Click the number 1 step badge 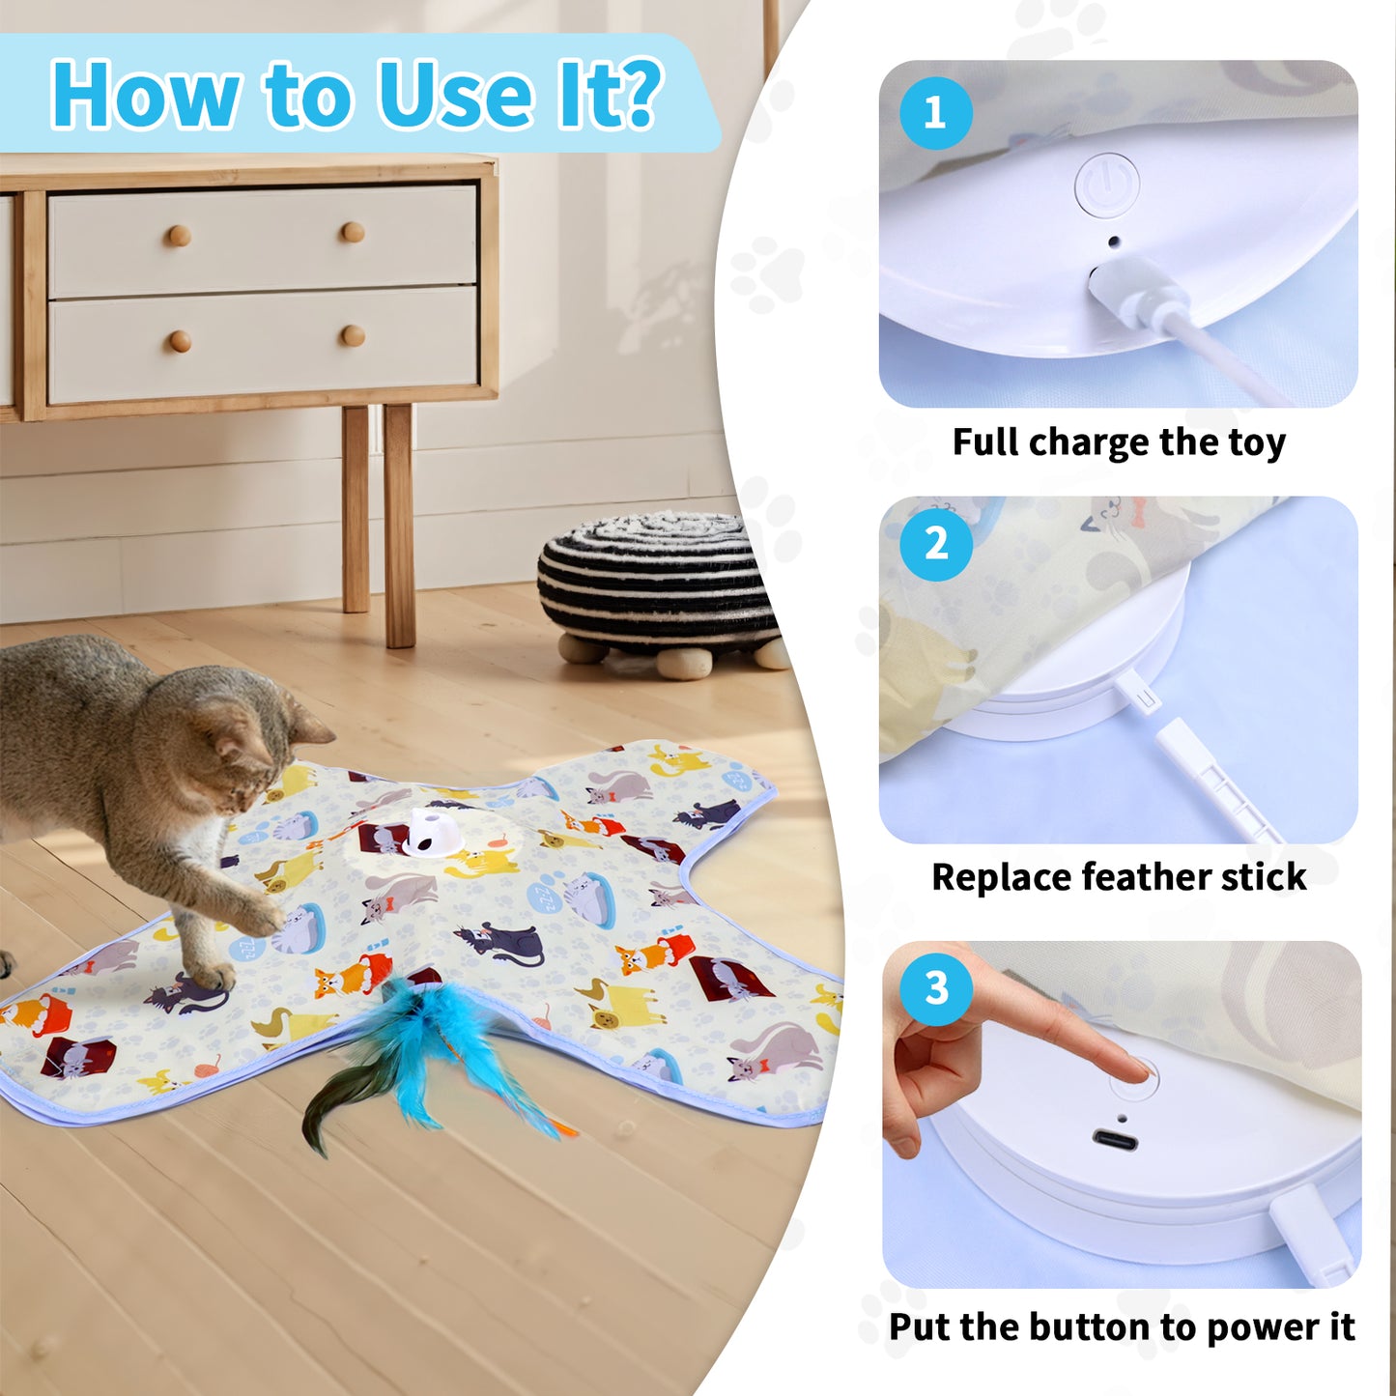tap(935, 113)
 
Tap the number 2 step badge tap(935, 544)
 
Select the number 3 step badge tap(936, 988)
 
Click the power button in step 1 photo tap(1107, 185)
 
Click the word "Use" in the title tap(455, 95)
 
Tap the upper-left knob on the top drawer tap(179, 236)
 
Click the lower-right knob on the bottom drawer tap(353, 336)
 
